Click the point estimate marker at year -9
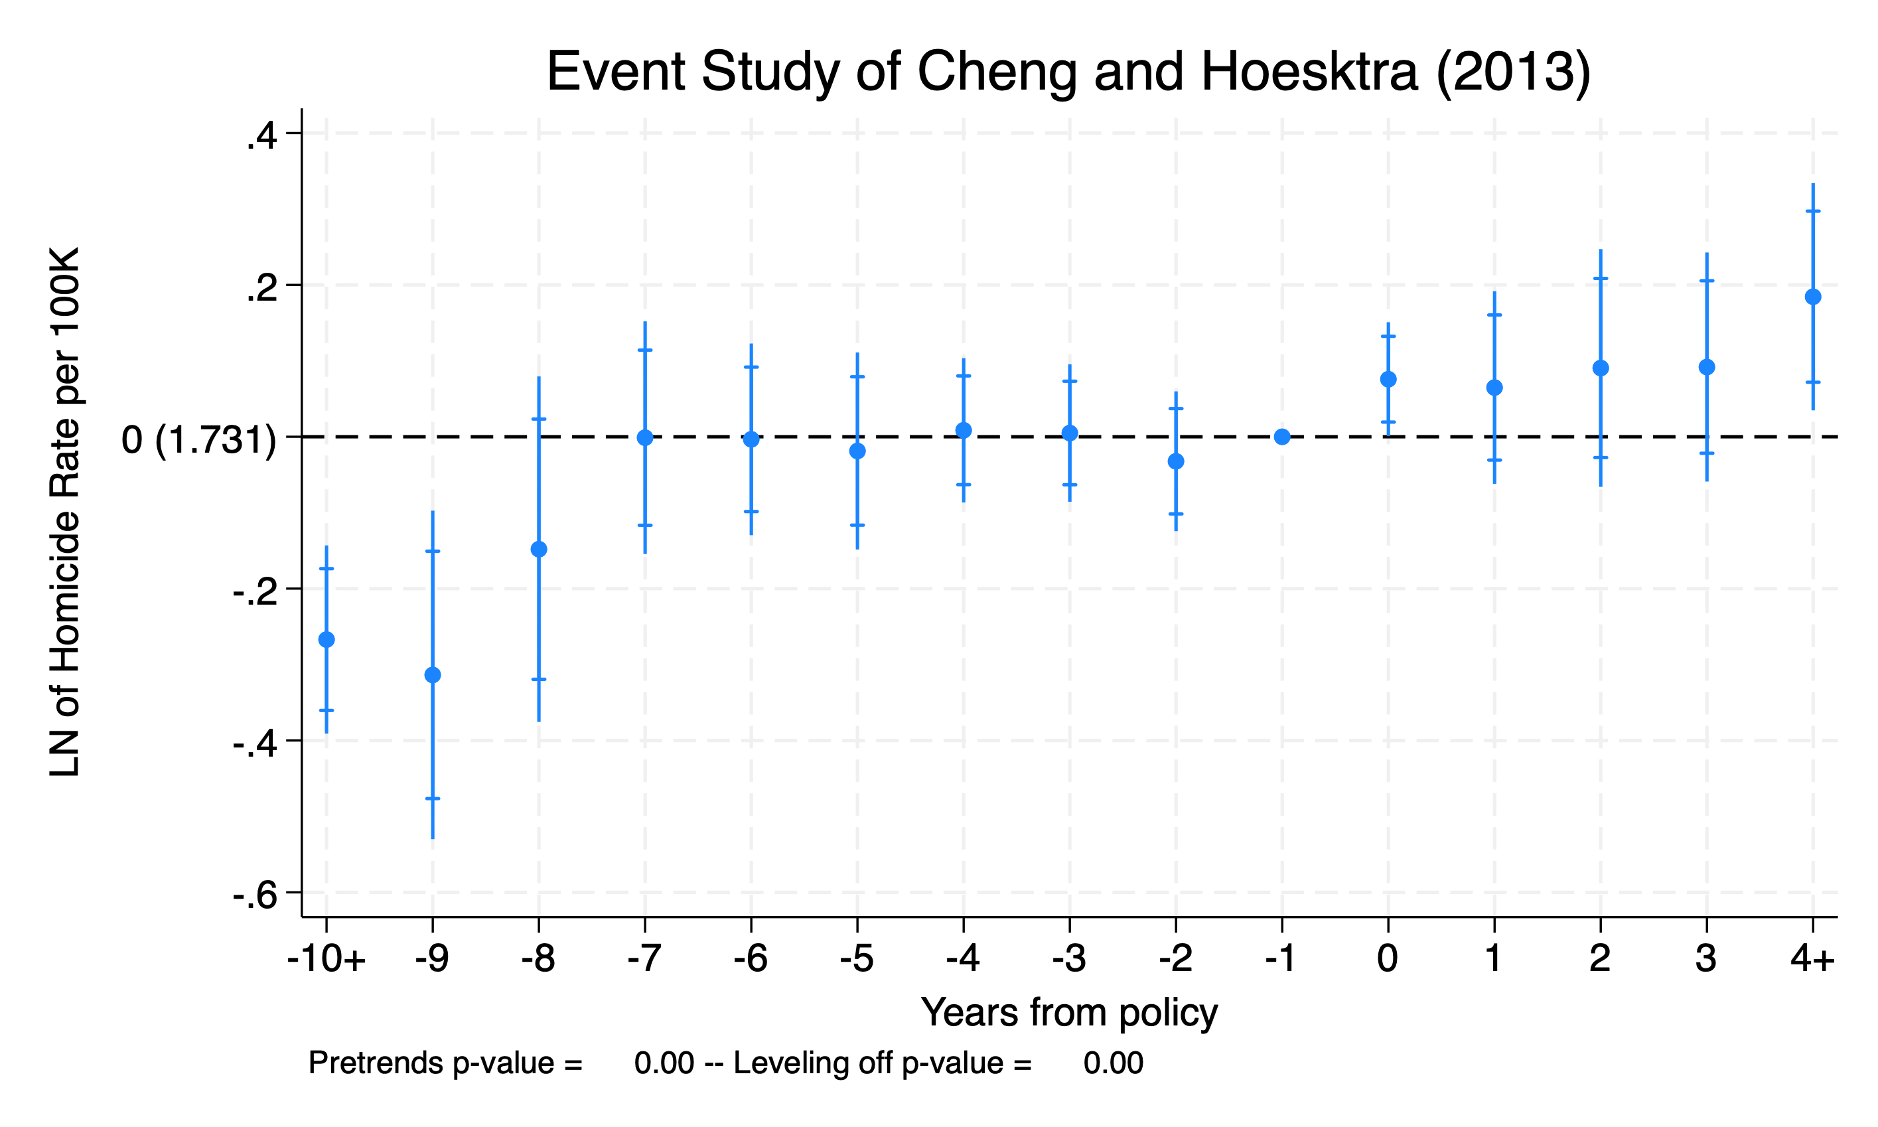point(433,675)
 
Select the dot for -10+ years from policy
point(326,639)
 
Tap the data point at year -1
point(1282,437)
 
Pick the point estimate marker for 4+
point(1813,297)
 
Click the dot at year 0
point(1388,379)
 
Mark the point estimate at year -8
point(539,549)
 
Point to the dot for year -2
point(1176,461)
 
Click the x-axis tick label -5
point(857,959)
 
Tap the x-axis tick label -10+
point(326,959)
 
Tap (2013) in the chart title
point(1514,72)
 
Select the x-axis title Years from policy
point(1069,1013)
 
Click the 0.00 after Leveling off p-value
point(1113,1063)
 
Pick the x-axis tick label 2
point(1599,959)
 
